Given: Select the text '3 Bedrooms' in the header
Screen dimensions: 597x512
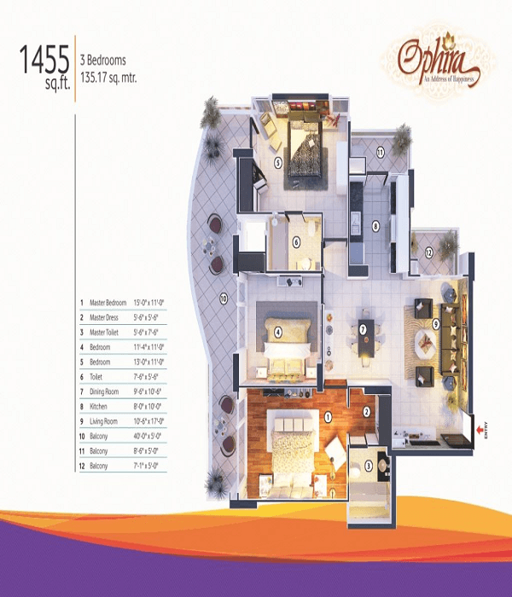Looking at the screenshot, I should tap(103, 61).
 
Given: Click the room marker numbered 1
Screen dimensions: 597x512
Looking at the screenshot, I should tap(328, 417).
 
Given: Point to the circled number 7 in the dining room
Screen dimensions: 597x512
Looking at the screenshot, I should tap(363, 330).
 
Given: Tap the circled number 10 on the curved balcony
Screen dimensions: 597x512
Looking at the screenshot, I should tap(224, 298).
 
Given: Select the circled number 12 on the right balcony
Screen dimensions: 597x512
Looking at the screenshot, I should tap(429, 252).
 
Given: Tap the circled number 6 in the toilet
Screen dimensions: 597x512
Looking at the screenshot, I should tap(296, 241).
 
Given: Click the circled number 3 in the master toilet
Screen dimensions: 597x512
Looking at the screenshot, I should tap(369, 465).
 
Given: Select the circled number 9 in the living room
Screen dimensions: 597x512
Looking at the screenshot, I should tap(435, 323).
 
